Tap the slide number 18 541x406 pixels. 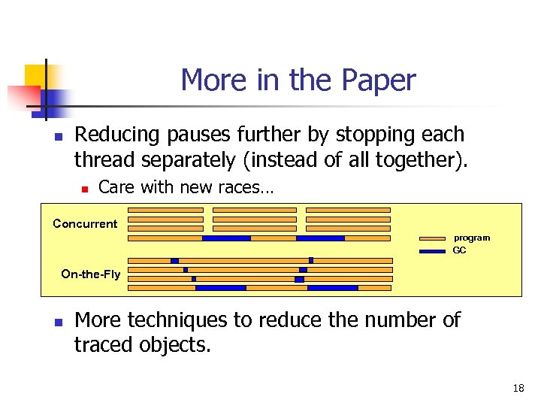click(x=518, y=389)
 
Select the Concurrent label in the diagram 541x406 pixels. click(x=85, y=223)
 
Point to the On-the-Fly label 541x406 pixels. click(x=90, y=274)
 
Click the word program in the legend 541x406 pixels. click(x=471, y=238)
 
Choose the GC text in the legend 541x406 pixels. click(x=459, y=250)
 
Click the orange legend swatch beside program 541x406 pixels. click(x=432, y=238)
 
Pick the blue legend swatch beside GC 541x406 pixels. click(x=432, y=251)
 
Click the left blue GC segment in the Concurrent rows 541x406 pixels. click(x=226, y=238)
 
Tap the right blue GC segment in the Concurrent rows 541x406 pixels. click(x=320, y=238)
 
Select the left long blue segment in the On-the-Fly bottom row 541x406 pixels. click(x=220, y=287)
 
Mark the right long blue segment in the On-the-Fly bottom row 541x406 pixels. click(x=333, y=287)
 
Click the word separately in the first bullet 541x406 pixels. click(x=191, y=159)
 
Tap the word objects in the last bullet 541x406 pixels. click(x=177, y=345)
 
